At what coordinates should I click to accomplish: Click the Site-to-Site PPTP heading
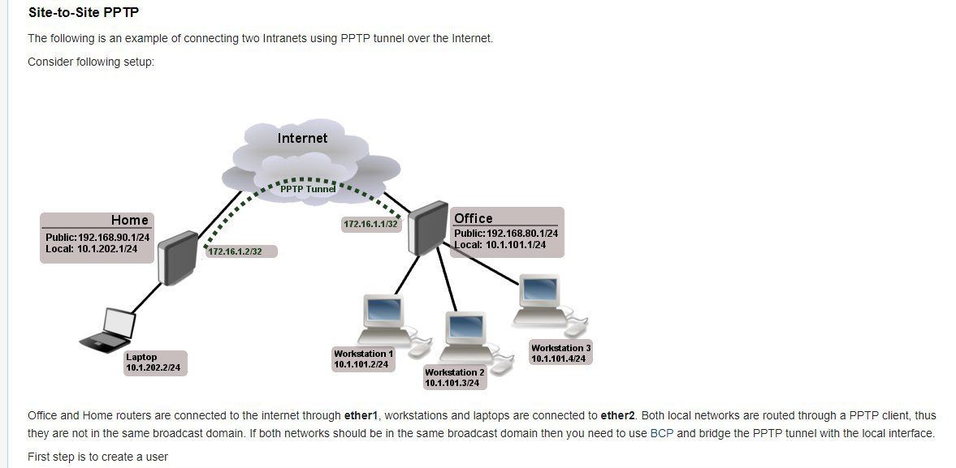click(x=84, y=12)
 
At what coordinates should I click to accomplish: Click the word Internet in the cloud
click(x=302, y=138)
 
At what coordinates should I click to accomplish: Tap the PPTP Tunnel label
click(x=308, y=189)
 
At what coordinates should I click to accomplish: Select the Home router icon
click(x=177, y=257)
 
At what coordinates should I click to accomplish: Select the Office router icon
click(x=427, y=228)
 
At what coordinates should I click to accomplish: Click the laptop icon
click(x=108, y=330)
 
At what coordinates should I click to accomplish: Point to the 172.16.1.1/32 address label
click(x=370, y=224)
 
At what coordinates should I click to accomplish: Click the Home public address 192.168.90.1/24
click(x=113, y=238)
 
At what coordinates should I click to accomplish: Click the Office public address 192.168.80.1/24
click(x=522, y=233)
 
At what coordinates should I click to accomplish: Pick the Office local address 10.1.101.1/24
click(x=516, y=245)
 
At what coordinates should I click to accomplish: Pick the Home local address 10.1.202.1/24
click(x=107, y=249)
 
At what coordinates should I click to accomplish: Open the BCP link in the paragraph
click(x=662, y=433)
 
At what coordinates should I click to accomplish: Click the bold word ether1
click(x=361, y=415)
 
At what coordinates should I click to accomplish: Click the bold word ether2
click(x=618, y=415)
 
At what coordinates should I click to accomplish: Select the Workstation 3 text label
click(x=561, y=348)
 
